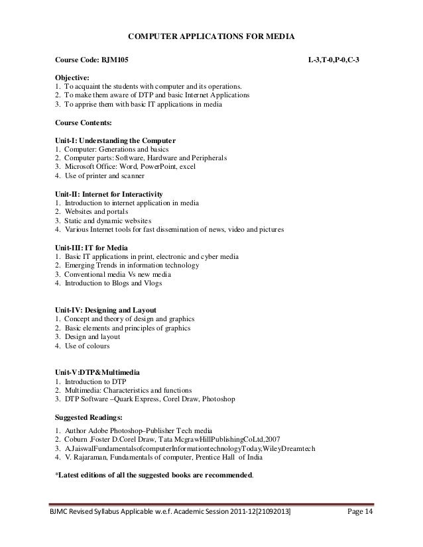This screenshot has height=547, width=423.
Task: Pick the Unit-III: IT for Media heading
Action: [89, 246]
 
